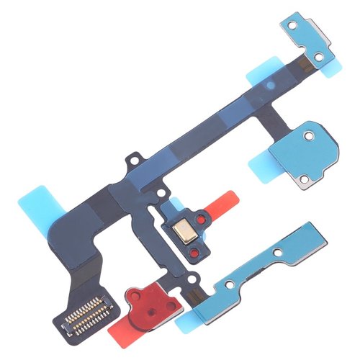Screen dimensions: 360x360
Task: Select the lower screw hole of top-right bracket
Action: coord(318,57)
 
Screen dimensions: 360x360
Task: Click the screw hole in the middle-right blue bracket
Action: coord(309,135)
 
